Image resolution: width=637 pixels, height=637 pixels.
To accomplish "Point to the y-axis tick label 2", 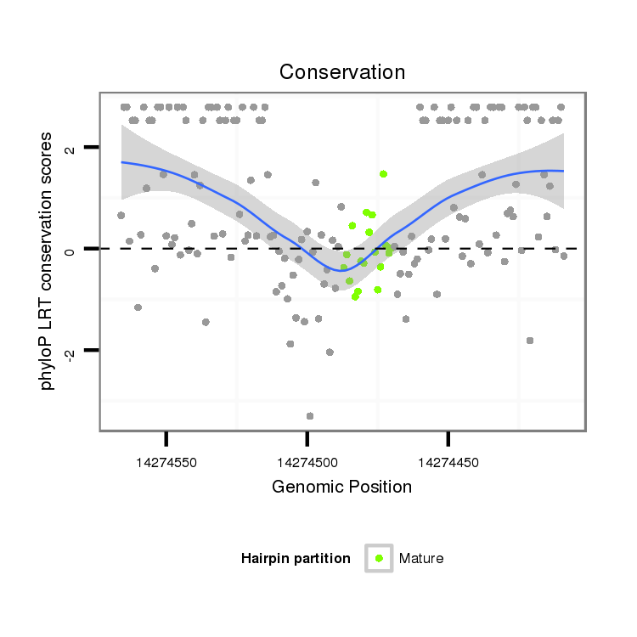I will coord(71,148).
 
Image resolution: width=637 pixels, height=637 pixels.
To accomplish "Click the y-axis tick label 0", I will coord(71,249).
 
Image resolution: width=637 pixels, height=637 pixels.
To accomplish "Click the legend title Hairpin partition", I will coord(296,558).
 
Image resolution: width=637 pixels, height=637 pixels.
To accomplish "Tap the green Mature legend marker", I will coord(379,558).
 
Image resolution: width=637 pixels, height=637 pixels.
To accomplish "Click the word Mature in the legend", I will coord(421,558).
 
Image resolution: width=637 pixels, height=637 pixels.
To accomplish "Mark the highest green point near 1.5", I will coord(383,173).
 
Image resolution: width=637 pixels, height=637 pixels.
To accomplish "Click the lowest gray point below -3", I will coord(310,415).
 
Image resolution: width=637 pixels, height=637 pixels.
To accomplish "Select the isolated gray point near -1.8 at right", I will coord(530,340).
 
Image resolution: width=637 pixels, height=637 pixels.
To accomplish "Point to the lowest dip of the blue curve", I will coord(341,271).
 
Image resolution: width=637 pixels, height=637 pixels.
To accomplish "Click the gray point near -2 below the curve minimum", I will coord(330,352).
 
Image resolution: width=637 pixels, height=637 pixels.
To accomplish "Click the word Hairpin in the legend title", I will coord(267,558).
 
